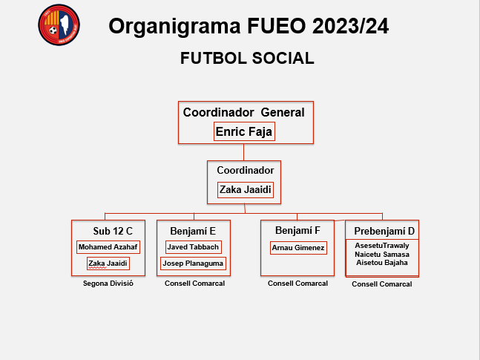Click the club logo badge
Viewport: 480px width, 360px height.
coord(59,24)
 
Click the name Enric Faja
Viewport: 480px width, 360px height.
coord(244,131)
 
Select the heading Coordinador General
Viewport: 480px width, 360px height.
coord(243,112)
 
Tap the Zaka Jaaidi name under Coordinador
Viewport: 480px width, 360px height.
coord(246,190)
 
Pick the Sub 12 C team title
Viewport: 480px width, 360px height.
coord(113,231)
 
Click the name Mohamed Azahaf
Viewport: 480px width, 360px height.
coord(108,247)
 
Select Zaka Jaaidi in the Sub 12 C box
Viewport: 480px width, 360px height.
coord(108,264)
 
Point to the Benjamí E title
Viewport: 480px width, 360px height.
coord(193,231)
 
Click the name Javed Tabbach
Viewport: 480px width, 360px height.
coord(193,247)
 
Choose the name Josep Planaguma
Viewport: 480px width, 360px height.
coord(193,264)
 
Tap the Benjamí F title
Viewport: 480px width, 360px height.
coord(297,230)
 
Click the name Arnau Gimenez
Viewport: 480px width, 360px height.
coord(298,248)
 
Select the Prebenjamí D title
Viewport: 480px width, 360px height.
coord(384,231)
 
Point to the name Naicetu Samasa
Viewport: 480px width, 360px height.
coord(382,255)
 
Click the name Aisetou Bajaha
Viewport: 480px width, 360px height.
coord(382,263)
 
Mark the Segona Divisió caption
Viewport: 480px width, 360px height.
coord(108,284)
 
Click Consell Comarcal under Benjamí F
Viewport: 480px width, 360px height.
coord(297,284)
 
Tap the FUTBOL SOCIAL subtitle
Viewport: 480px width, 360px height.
coord(247,58)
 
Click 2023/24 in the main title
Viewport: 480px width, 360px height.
coord(350,26)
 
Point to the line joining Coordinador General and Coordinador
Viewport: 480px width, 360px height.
coord(243,152)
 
